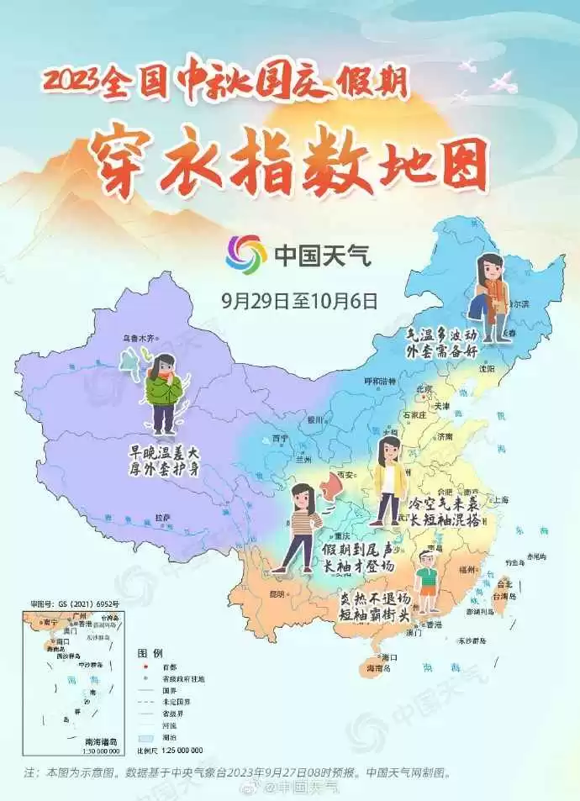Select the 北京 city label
[x=425, y=389]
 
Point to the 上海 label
[x=501, y=499]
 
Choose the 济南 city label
[x=446, y=437]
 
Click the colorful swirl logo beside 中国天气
[x=246, y=254]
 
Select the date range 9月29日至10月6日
[x=299, y=298]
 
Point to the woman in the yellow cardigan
[x=389, y=480]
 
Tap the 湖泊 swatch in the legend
[x=146, y=737]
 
